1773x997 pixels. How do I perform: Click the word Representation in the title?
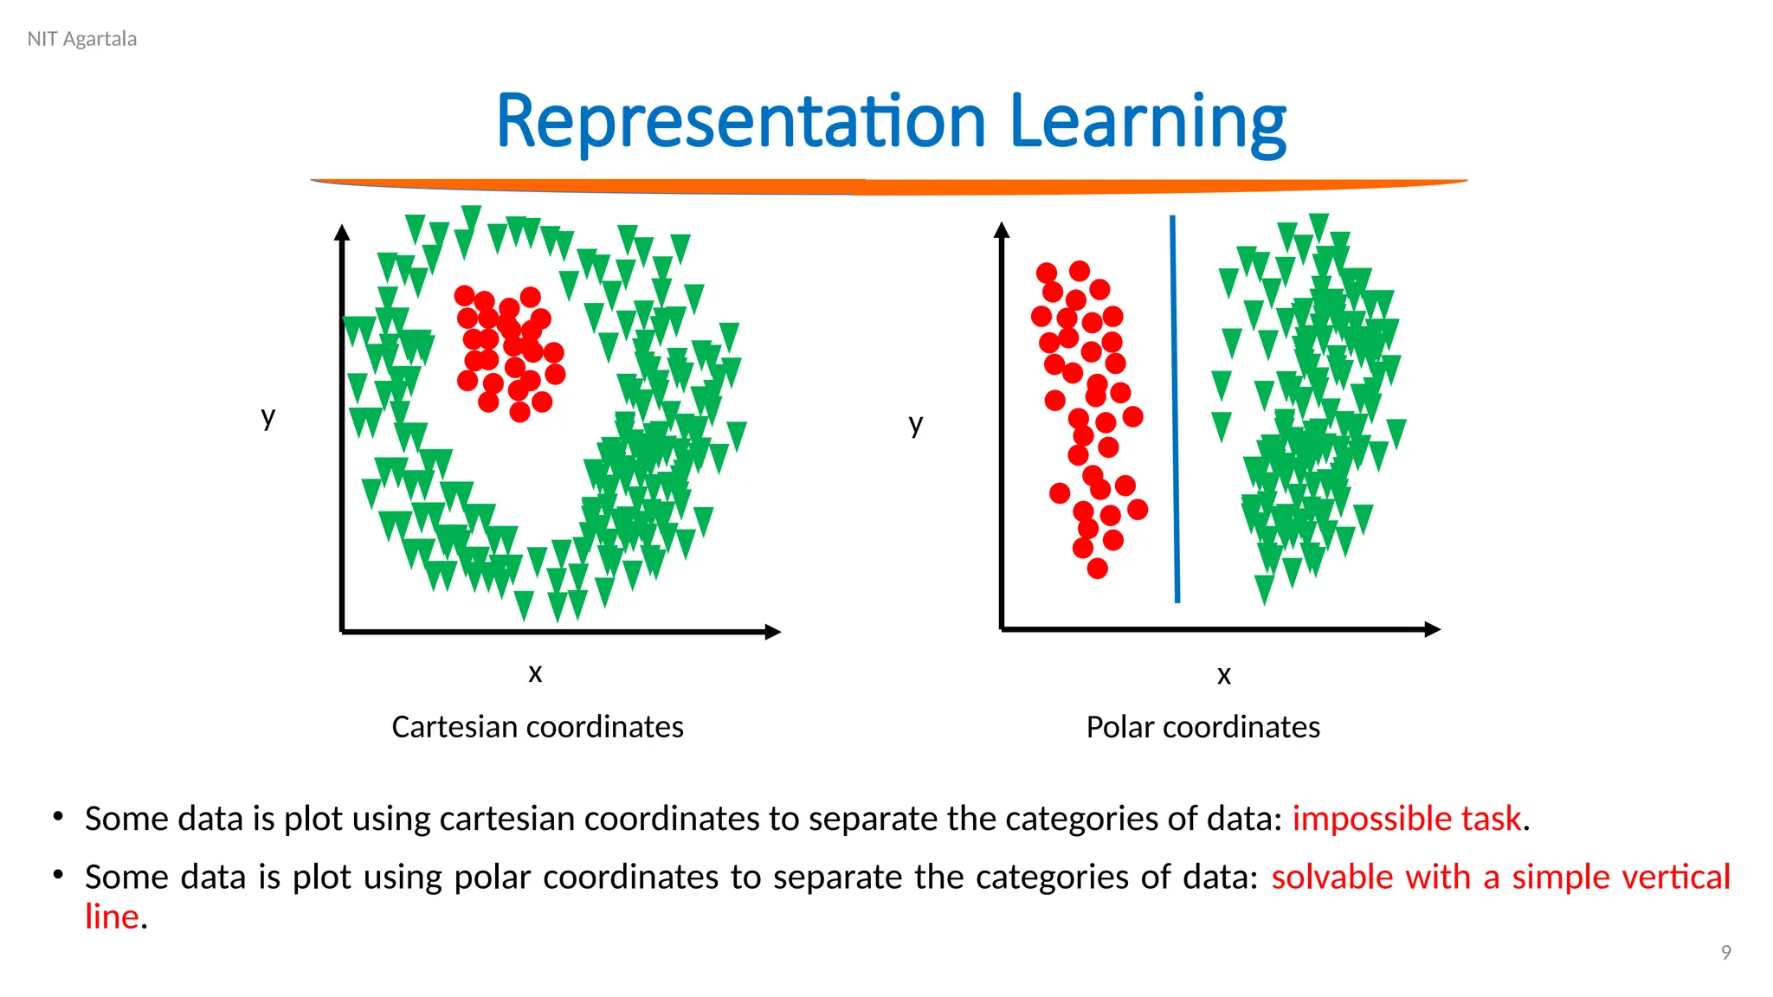pos(741,122)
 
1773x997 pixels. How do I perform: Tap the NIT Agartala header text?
pos(82,39)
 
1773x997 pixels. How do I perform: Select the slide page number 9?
pos(1725,953)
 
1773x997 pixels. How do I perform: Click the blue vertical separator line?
pos(1175,407)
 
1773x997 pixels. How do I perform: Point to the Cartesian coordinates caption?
pos(538,727)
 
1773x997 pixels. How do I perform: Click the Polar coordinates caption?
pos(1202,727)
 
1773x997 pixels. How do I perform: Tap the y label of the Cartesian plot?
pos(268,417)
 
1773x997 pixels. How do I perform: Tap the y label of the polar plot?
pos(916,424)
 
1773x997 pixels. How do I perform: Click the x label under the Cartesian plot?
pos(535,672)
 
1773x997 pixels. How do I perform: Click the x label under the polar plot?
pos(1223,675)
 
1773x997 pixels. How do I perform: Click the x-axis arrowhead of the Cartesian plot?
pos(773,632)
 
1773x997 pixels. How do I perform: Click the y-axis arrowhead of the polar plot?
pos(1002,230)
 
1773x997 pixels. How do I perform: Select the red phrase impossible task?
pos(1406,819)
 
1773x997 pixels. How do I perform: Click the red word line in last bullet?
pos(112,917)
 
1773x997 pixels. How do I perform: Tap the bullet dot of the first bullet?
pos(58,816)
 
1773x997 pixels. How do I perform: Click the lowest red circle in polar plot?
pos(1097,569)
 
